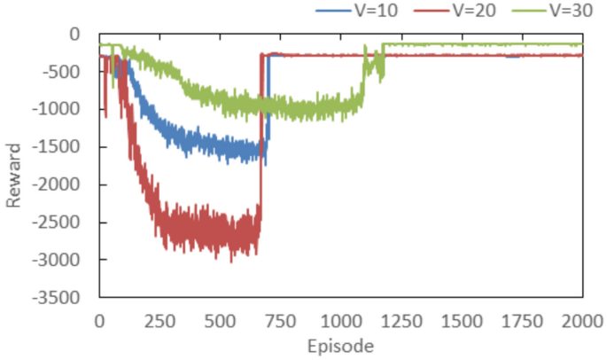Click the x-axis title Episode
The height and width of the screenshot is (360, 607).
tap(341, 345)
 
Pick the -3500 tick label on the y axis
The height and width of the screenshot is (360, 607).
tap(57, 298)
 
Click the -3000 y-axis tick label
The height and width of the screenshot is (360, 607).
tap(57, 260)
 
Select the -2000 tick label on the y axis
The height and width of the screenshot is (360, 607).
tap(57, 184)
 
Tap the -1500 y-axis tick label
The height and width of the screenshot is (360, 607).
tap(57, 147)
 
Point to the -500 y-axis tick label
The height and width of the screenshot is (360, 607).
tap(60, 72)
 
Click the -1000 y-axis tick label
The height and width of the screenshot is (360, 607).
tap(57, 109)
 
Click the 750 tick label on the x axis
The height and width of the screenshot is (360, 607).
tap(280, 319)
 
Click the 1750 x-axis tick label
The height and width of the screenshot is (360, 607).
tap(522, 319)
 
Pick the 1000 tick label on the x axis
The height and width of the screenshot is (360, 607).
tap(341, 319)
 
